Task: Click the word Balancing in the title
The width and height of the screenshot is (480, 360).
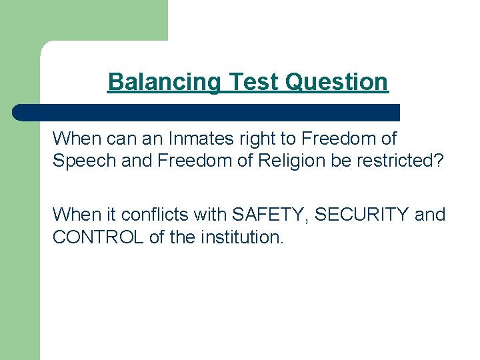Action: pos(165,82)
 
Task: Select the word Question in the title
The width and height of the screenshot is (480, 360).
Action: pos(337,82)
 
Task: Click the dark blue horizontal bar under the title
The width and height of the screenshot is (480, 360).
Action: pos(207,113)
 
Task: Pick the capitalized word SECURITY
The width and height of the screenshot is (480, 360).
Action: pos(361,215)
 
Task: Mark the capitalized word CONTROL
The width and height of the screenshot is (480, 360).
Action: pos(98,237)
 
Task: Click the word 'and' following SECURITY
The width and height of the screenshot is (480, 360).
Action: pos(430,215)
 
